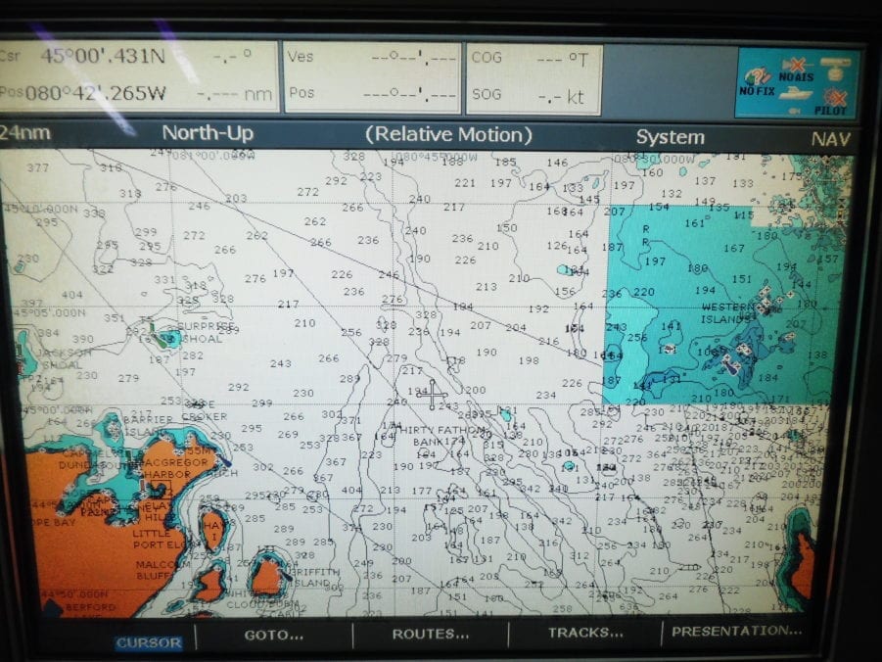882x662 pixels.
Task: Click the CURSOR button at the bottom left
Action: pos(149,643)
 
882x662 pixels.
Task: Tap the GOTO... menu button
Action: pos(273,635)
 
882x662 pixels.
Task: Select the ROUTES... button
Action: pos(430,634)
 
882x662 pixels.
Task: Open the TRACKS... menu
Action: pos(585,633)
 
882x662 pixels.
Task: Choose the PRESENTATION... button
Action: pos(736,631)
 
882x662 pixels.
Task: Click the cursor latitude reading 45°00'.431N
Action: pos(103,56)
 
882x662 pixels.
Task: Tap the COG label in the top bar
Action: pos(487,58)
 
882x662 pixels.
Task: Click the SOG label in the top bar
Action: pos(487,94)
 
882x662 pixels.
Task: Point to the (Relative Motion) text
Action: pos(448,134)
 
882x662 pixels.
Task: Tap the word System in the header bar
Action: pos(669,137)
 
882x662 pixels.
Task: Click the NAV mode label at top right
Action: pos(830,139)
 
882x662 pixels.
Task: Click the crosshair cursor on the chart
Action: pos(432,394)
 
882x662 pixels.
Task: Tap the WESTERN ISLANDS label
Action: pos(728,313)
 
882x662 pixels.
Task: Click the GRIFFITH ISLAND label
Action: pos(313,577)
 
